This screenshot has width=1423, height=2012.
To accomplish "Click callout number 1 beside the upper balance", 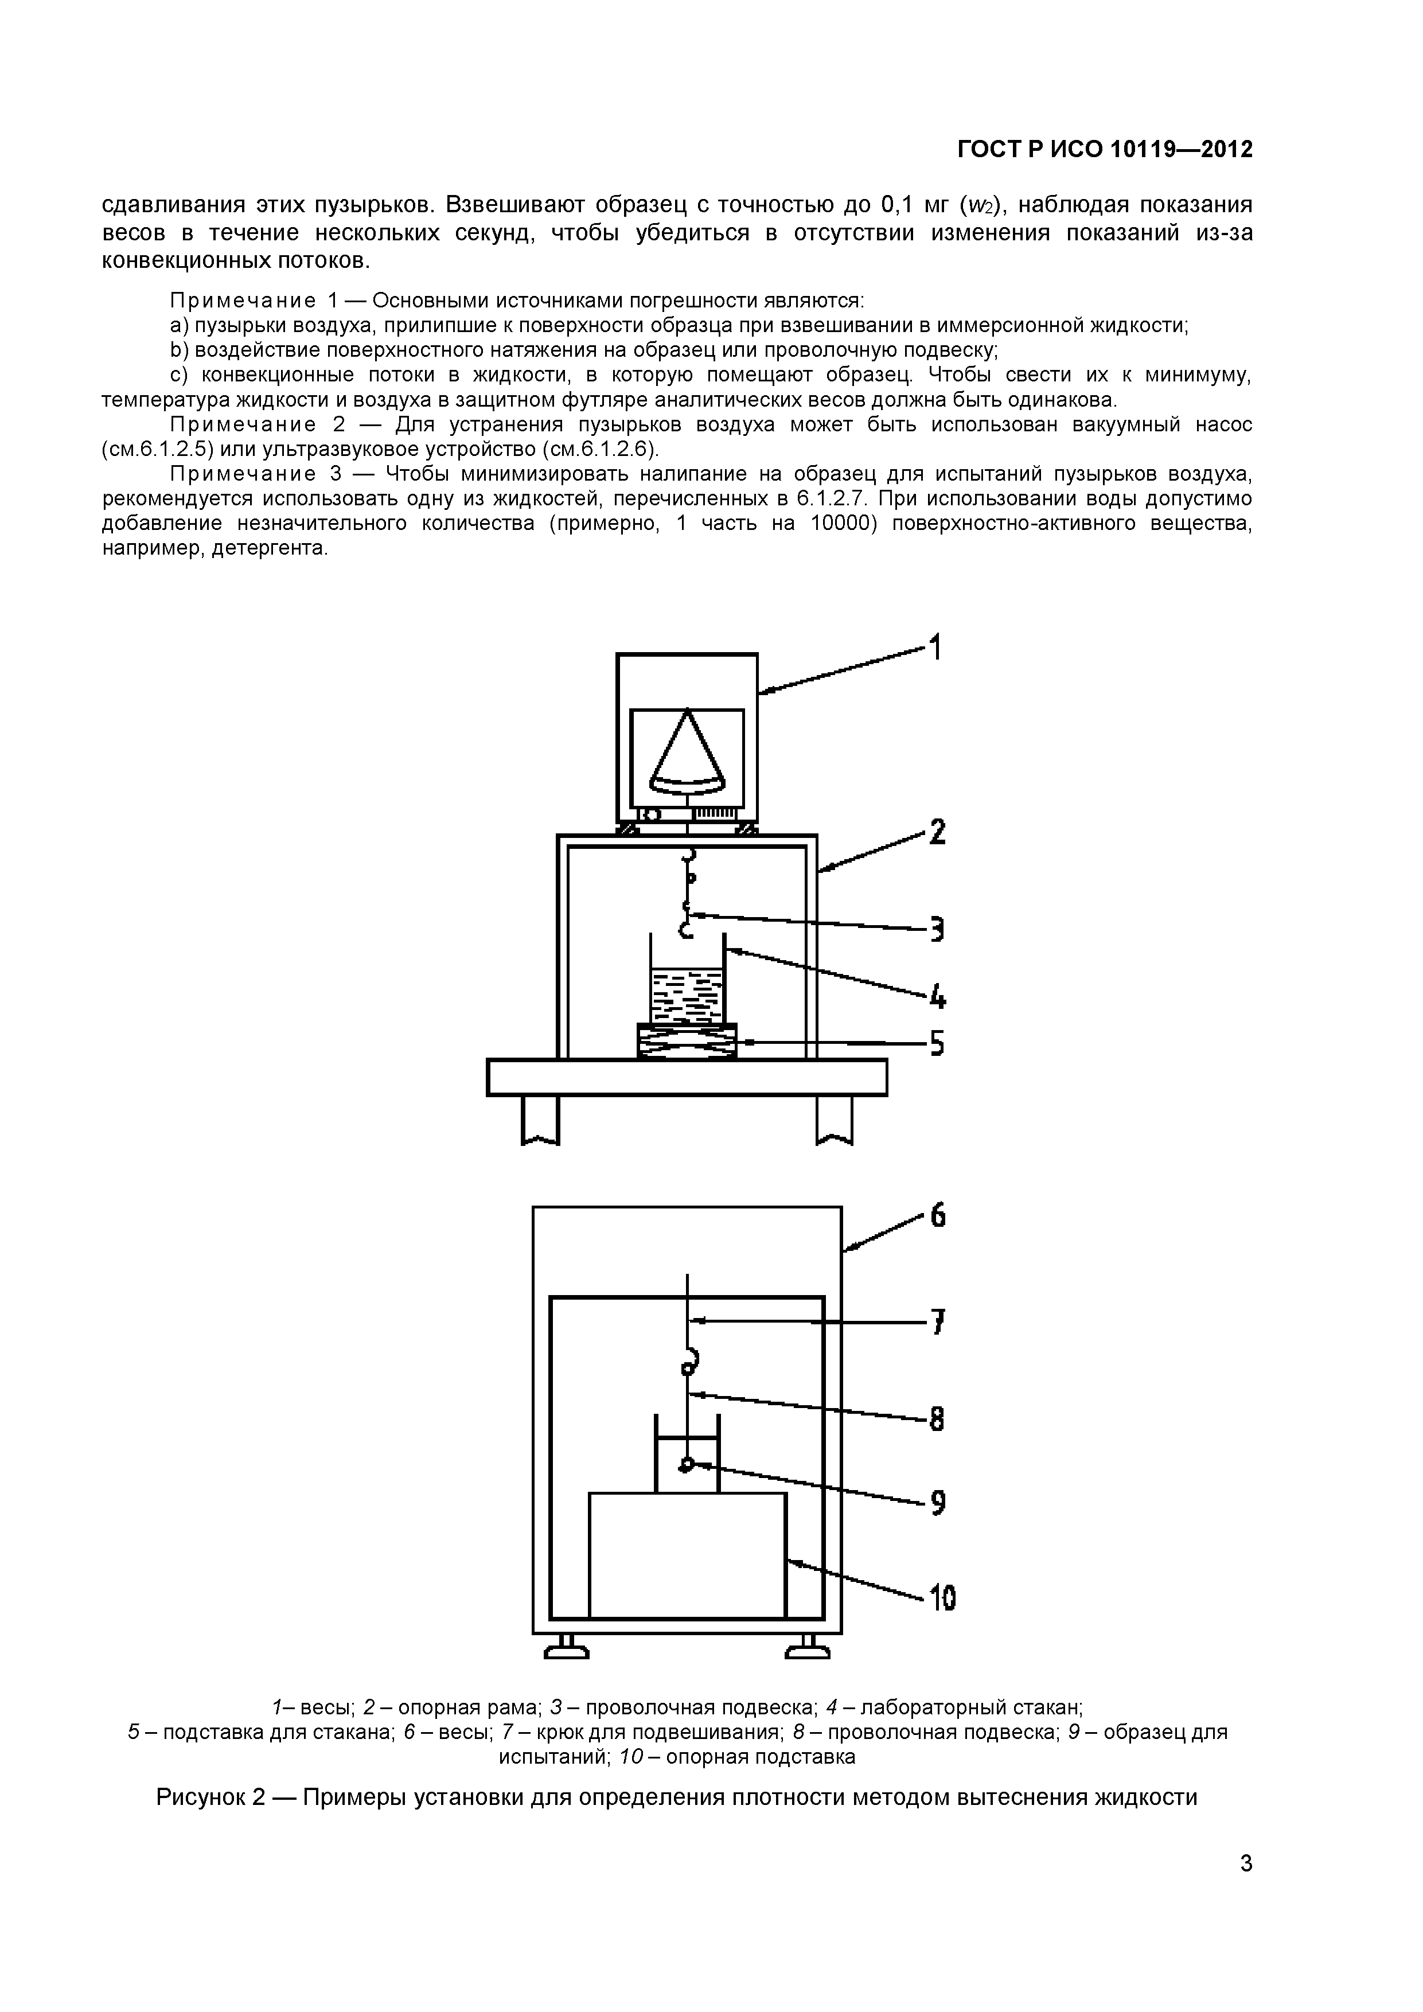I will [x=936, y=649].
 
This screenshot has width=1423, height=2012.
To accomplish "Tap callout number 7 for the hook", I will [x=938, y=1321].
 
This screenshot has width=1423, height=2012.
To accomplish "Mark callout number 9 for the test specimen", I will [x=938, y=1504].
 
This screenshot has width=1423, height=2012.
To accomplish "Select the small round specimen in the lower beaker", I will [x=687, y=1464].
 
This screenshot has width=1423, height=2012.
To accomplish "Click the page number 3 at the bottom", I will [x=1246, y=1888].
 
